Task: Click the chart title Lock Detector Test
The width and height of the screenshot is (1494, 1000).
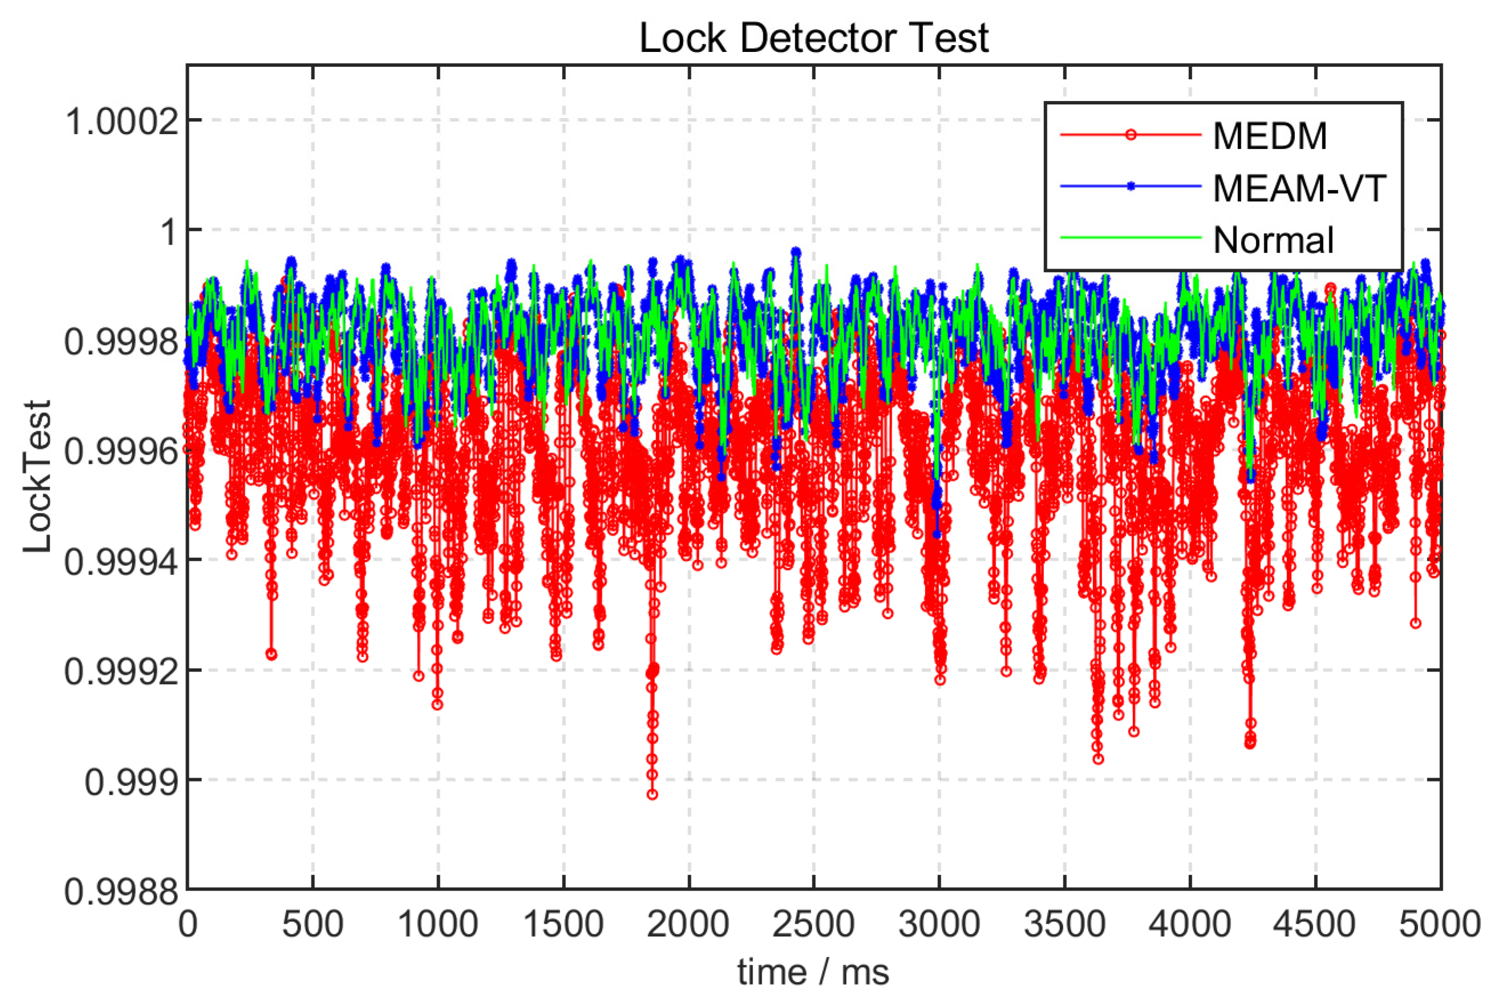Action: point(813,38)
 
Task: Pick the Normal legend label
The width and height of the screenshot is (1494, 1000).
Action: point(1273,240)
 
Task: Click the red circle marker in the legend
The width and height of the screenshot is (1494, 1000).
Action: point(1131,135)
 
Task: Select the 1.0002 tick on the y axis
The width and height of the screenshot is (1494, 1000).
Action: point(121,121)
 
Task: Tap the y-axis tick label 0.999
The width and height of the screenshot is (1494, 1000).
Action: point(131,782)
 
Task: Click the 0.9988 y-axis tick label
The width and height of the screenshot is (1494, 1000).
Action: point(121,892)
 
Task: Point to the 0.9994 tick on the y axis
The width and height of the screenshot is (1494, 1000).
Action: point(121,561)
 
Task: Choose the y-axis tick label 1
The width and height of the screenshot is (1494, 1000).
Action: point(169,232)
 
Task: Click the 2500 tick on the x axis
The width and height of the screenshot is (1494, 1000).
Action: point(813,924)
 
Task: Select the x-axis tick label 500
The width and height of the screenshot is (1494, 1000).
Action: point(313,924)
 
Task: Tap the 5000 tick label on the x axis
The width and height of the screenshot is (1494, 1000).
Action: point(1439,924)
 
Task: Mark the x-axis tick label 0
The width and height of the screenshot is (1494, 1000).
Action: point(188,924)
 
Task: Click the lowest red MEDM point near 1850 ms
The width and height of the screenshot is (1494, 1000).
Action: point(651,795)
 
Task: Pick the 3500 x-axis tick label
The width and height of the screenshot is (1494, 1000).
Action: point(1064,924)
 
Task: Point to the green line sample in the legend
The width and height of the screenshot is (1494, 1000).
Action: point(1131,238)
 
